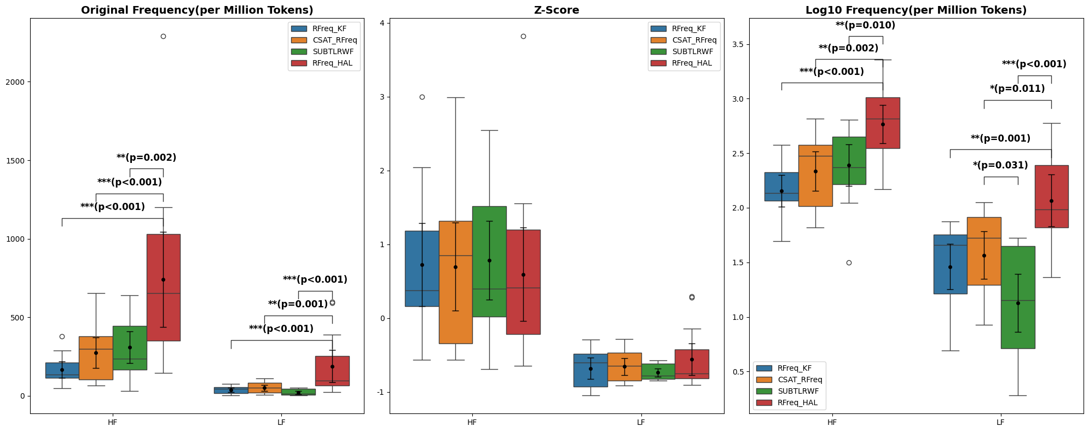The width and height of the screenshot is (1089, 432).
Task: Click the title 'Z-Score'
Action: point(557,10)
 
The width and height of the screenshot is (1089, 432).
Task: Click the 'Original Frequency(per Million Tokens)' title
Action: point(197,10)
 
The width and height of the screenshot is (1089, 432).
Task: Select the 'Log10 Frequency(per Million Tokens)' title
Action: point(916,10)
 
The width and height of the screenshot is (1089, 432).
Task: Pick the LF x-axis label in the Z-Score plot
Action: point(641,422)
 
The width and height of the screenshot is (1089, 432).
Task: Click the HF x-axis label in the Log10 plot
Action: point(832,422)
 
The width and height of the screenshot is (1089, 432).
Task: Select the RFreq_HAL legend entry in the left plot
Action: point(332,63)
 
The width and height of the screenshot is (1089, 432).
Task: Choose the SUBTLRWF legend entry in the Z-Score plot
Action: point(692,52)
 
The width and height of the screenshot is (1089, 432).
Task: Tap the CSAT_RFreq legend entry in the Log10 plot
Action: point(800,380)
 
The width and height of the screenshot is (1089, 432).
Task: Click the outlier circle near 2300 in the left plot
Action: point(163,37)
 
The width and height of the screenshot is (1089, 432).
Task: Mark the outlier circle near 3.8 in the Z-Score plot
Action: point(523,37)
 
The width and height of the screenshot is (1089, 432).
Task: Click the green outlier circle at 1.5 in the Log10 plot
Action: point(849,262)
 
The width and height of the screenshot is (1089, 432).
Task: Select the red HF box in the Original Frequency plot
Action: point(163,287)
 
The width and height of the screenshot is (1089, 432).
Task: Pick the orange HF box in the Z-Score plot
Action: point(455,282)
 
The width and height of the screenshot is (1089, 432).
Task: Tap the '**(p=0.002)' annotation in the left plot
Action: point(146,158)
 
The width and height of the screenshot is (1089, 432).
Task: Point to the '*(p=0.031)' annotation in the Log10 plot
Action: point(1000,166)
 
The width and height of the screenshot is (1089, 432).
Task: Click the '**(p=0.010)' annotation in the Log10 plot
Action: point(865,26)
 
